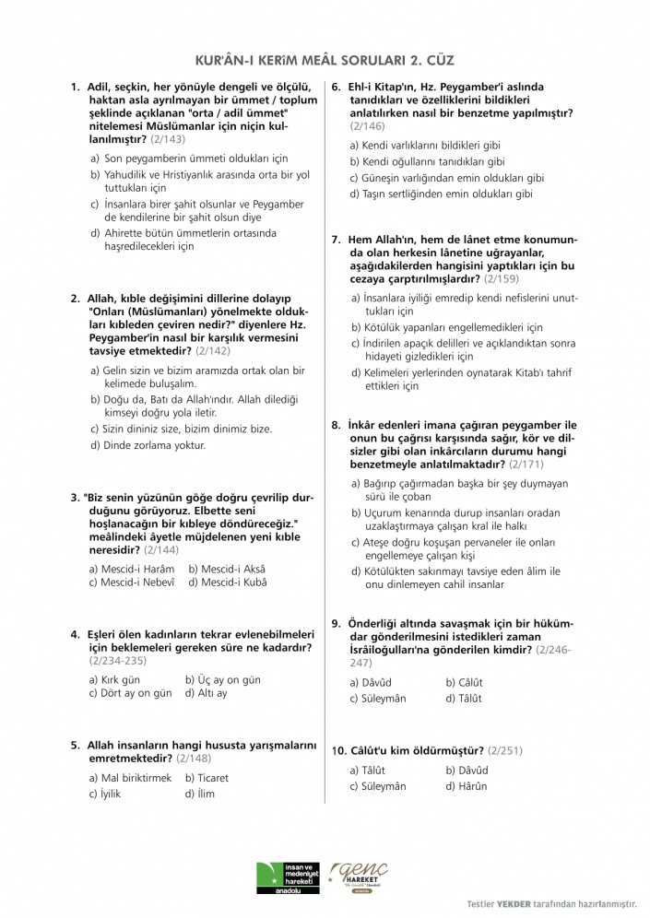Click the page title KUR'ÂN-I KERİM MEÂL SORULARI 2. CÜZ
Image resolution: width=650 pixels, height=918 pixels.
[325, 58]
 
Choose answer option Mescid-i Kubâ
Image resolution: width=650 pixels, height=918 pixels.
[227, 583]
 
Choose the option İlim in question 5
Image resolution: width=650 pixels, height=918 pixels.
[200, 793]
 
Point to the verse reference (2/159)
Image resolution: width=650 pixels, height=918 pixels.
[502, 277]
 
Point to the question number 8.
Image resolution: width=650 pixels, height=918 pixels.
[337, 424]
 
